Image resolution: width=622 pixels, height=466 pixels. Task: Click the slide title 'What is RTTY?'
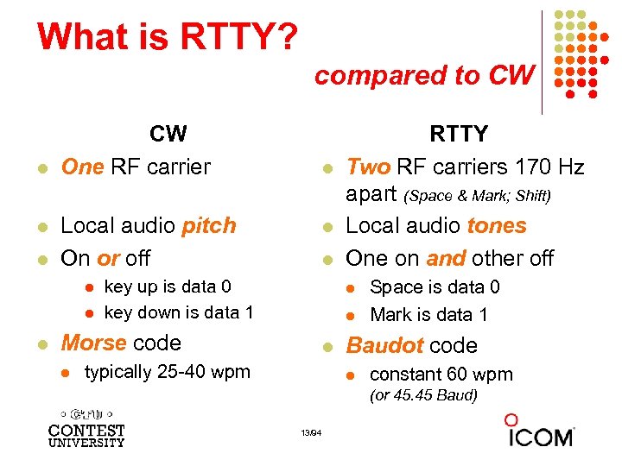(x=168, y=37)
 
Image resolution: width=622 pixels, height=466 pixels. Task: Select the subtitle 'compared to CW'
(x=424, y=76)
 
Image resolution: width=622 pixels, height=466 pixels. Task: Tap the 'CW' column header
(x=168, y=134)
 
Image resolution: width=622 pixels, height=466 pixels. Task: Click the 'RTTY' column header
(x=459, y=134)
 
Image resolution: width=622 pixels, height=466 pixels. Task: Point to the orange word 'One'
(x=82, y=167)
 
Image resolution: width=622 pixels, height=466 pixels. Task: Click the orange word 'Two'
(x=368, y=167)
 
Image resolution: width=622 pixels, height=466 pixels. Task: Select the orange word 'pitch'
(x=209, y=226)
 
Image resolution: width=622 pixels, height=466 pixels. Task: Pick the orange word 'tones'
(x=496, y=226)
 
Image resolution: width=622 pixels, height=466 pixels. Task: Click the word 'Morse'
(x=93, y=343)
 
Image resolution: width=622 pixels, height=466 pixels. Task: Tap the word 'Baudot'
(x=385, y=345)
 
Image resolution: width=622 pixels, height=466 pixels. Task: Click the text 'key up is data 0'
(x=167, y=287)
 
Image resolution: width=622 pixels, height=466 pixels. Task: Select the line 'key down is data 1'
(x=178, y=312)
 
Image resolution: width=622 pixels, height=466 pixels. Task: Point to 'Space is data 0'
(x=435, y=287)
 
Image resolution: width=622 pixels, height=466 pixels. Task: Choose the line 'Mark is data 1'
(x=428, y=315)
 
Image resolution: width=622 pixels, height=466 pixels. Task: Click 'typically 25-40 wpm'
(x=167, y=372)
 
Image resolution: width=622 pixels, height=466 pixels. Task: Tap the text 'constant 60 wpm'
(x=441, y=375)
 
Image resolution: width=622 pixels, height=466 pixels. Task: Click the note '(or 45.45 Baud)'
(x=423, y=395)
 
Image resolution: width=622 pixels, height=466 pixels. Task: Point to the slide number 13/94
(x=311, y=432)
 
